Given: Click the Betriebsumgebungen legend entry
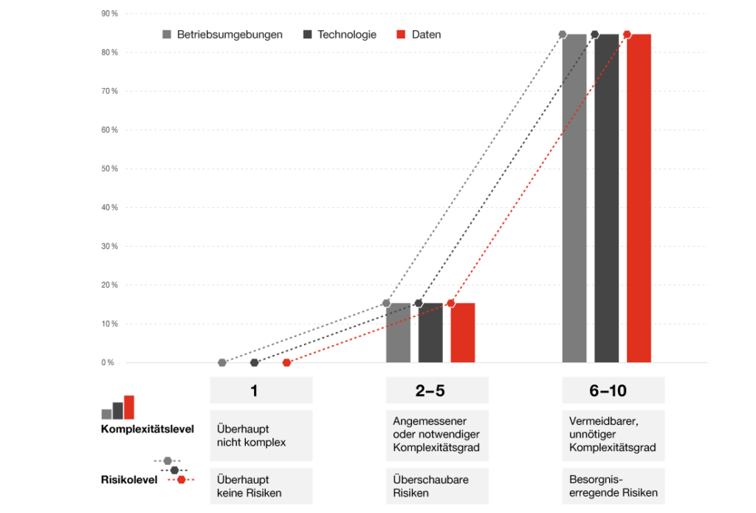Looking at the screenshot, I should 222,35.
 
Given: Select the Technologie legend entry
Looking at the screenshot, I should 340,35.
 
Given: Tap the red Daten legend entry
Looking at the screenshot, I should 419,35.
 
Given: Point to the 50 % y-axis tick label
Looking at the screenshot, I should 109,169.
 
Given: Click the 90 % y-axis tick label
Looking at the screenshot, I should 109,13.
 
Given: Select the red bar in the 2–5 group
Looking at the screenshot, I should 463,333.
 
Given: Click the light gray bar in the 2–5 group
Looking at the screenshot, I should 398,333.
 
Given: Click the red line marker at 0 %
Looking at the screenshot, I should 286,362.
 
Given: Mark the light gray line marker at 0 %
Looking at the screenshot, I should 222,362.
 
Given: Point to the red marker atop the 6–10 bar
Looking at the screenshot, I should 627,34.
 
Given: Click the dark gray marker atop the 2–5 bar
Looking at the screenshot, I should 419,303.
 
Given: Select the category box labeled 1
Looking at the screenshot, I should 255,390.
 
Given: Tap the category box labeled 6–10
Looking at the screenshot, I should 613,390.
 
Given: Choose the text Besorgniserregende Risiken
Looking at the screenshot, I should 610,486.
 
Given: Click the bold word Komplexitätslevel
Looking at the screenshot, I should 148,430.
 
